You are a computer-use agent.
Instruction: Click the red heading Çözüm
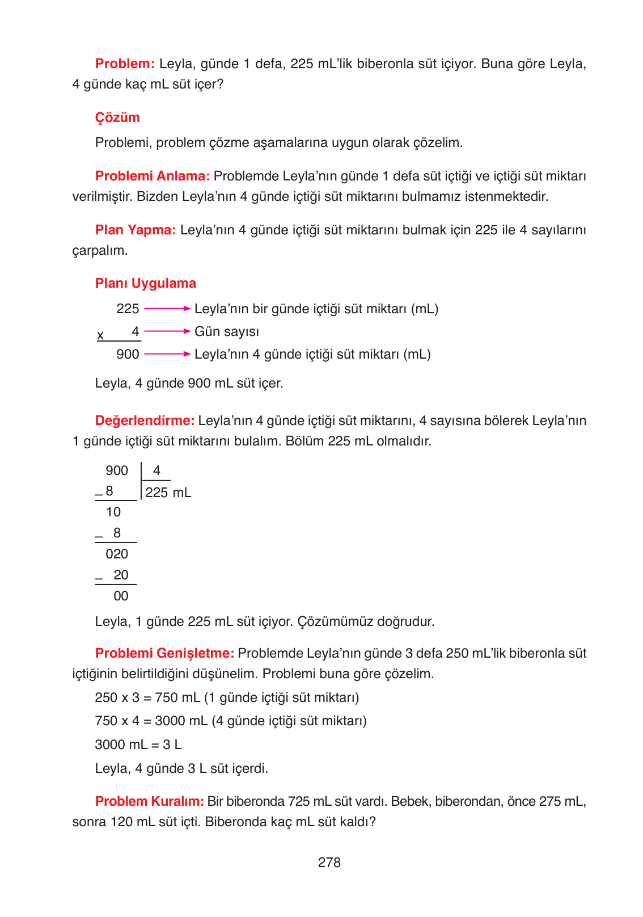click(x=117, y=117)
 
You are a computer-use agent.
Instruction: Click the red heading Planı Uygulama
click(x=145, y=283)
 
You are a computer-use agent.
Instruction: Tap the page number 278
click(x=329, y=863)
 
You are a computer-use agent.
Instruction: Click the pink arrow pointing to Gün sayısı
click(x=167, y=331)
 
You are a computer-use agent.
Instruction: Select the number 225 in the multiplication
click(x=128, y=309)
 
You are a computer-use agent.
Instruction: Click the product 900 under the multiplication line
click(x=128, y=354)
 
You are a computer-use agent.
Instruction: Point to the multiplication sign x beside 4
click(x=100, y=335)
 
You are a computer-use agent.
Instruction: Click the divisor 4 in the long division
click(x=156, y=470)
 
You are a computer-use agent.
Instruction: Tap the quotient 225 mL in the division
click(x=168, y=493)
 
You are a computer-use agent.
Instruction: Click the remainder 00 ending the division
click(x=121, y=596)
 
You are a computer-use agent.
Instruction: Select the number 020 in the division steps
click(x=117, y=554)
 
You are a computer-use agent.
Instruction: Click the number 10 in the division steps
click(x=113, y=512)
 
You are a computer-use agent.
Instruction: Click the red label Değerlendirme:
click(x=145, y=420)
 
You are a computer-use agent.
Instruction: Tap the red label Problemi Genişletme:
click(x=164, y=653)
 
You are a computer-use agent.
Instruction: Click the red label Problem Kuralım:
click(x=149, y=801)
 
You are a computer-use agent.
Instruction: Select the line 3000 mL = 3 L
click(x=138, y=744)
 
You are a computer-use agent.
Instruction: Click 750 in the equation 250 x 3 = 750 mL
click(x=167, y=697)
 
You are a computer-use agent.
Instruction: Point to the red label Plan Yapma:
click(x=136, y=230)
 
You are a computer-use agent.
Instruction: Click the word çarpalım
click(x=100, y=251)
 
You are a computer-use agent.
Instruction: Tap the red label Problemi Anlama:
click(x=153, y=176)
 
